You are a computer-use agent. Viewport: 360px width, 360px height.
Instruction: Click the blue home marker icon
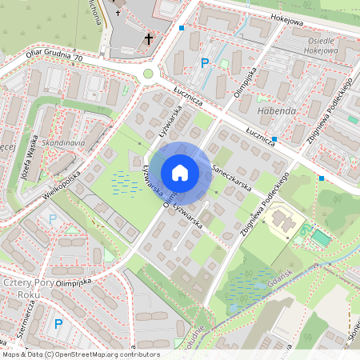[x=180, y=172]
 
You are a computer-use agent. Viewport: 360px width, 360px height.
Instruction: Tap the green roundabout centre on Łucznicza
[x=148, y=74]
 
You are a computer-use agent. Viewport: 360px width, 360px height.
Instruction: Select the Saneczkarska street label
[x=233, y=177]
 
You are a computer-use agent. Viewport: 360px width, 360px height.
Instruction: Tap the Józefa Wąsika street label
[x=29, y=159]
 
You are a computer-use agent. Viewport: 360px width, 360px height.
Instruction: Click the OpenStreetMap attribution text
[x=80, y=354]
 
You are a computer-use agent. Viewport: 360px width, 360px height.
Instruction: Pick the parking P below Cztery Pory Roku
[x=58, y=324]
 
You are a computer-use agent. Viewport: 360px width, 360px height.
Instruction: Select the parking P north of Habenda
[x=205, y=62]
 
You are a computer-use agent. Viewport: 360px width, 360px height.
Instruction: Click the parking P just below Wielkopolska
[x=53, y=218]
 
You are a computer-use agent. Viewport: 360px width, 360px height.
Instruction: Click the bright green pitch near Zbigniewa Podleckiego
[x=319, y=238]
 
